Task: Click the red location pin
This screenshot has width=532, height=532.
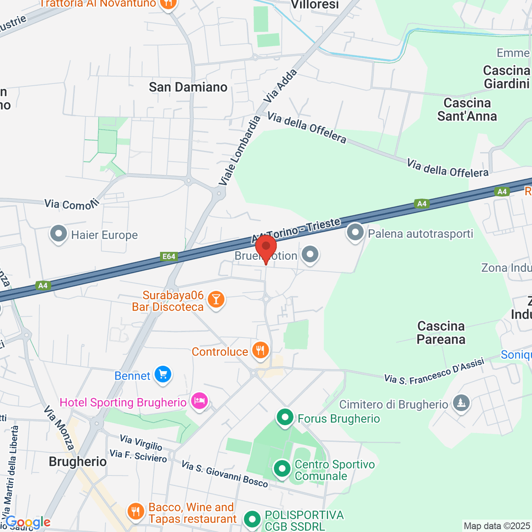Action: click(266, 248)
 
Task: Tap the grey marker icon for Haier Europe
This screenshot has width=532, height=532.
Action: click(59, 234)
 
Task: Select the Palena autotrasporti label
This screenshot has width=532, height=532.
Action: click(420, 234)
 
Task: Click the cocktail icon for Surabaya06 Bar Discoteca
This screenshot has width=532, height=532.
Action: click(216, 300)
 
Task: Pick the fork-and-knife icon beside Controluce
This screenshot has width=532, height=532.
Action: click(260, 351)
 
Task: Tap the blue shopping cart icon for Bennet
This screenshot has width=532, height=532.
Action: click(163, 375)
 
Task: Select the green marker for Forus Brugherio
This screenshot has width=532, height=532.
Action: click(285, 418)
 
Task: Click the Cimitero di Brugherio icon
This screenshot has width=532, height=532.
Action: click(462, 403)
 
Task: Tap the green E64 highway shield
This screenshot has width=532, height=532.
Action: click(169, 256)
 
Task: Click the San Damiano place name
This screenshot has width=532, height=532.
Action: click(188, 87)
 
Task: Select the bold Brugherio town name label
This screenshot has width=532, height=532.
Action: click(78, 462)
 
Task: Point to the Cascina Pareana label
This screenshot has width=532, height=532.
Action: click(441, 333)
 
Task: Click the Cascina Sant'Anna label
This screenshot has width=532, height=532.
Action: click(467, 110)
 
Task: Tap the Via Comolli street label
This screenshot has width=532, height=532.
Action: click(71, 204)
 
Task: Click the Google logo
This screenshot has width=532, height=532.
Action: click(27, 522)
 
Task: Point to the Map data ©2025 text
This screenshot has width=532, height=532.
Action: click(496, 526)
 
